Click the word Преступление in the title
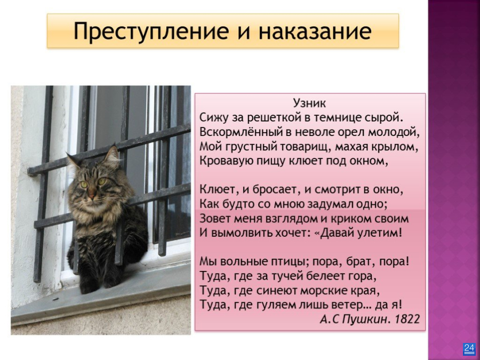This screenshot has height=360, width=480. coord(151,31)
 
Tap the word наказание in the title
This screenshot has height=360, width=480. coord(315,31)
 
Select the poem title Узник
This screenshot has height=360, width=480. coord(309,103)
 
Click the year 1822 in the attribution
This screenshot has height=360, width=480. coord(407,319)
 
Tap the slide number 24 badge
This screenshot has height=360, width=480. coord(469,349)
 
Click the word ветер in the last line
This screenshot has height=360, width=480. coord(349,305)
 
